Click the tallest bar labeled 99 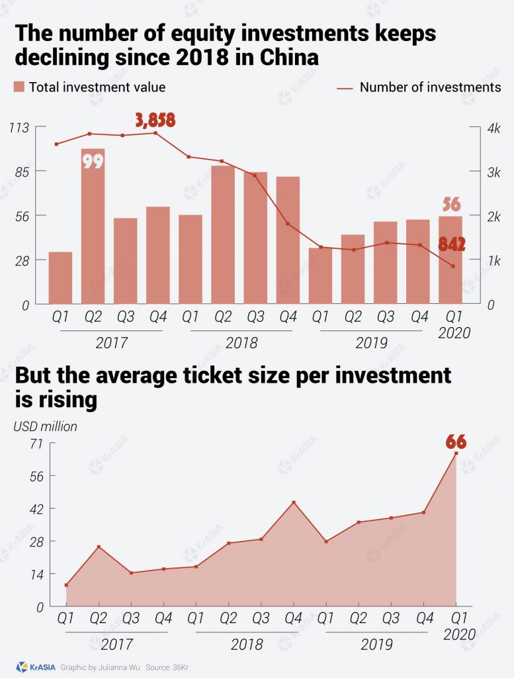93,225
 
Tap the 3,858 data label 155,120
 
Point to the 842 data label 452,244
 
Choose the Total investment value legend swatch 19,87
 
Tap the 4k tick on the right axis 493,128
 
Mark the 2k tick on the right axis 493,217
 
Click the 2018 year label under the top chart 241,343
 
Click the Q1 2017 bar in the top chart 60,278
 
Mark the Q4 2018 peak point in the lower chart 294,503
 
